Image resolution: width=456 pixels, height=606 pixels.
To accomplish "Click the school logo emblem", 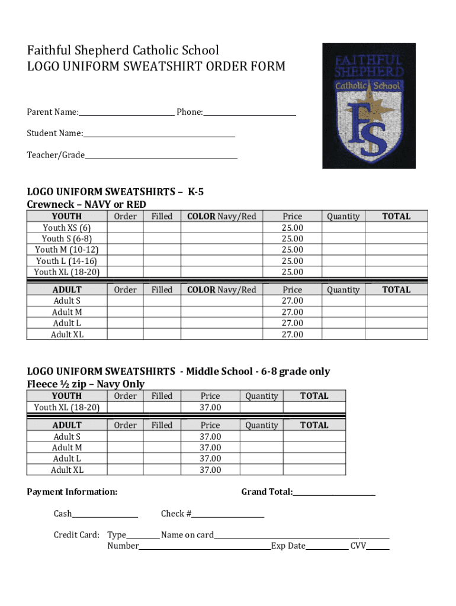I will [364, 106].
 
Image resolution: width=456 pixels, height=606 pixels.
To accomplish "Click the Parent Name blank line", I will [127, 114].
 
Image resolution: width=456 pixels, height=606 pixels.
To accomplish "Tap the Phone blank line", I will [249, 114].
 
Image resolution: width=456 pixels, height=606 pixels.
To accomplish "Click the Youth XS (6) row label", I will [67, 228].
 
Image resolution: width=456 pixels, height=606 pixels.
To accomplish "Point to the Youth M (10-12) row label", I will [67, 250].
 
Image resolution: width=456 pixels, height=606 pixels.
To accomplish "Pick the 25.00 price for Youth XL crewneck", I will [293, 272].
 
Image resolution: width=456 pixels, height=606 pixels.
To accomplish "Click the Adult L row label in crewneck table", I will [67, 323].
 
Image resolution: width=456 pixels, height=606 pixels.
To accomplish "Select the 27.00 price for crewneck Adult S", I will [293, 301].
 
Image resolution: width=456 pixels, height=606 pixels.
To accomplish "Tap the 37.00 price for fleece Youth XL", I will [210, 407].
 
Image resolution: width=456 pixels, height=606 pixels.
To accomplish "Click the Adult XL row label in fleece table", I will [67, 470].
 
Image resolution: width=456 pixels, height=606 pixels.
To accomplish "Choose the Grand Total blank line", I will [334, 494].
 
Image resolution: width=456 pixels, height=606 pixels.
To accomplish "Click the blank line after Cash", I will [105, 515].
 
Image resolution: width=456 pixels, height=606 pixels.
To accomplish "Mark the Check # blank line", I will [228, 515].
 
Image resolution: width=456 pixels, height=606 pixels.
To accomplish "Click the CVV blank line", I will [378, 548].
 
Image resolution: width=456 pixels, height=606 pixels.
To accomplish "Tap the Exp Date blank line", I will [327, 548].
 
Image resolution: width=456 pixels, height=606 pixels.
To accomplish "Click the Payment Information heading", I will [72, 492].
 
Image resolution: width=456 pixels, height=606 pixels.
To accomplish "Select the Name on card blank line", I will [301, 537].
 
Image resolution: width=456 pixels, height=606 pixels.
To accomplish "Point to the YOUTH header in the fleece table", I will [67, 396].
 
